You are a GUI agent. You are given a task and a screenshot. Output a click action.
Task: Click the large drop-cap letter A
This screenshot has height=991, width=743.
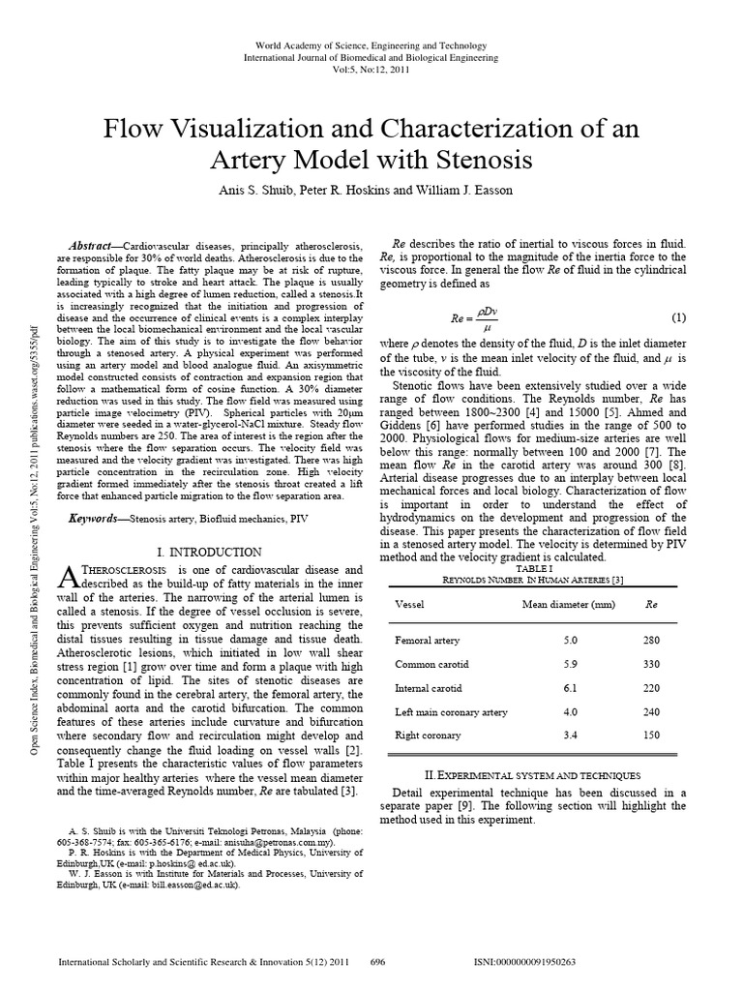[67, 578]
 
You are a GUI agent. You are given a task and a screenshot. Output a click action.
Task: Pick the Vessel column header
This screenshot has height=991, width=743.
[410, 604]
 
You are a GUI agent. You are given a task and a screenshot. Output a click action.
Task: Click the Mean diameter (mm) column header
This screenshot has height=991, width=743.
[569, 604]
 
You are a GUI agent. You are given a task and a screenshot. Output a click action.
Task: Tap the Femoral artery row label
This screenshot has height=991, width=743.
[427, 641]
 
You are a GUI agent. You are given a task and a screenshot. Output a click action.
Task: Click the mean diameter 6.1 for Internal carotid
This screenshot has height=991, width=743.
[571, 688]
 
